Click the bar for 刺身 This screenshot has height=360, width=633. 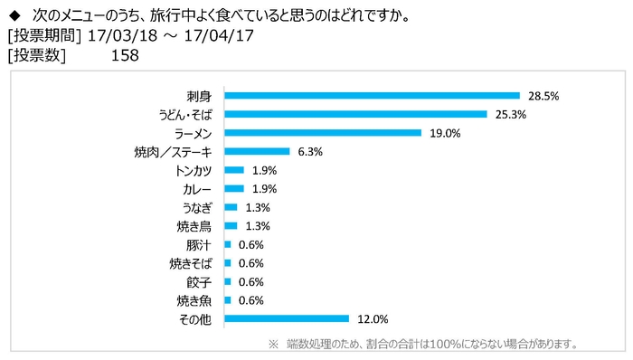[x=372, y=95]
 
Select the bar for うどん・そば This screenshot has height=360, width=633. [x=356, y=114]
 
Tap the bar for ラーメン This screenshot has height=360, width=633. [x=323, y=133]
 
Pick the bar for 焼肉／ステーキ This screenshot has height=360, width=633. [x=257, y=151]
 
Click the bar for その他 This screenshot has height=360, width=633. [x=287, y=318]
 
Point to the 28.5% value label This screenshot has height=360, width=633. [x=541, y=95]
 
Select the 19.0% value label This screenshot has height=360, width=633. [x=443, y=133]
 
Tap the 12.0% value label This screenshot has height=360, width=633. [x=372, y=318]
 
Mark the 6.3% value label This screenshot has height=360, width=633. [x=308, y=151]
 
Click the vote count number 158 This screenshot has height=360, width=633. [x=124, y=55]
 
